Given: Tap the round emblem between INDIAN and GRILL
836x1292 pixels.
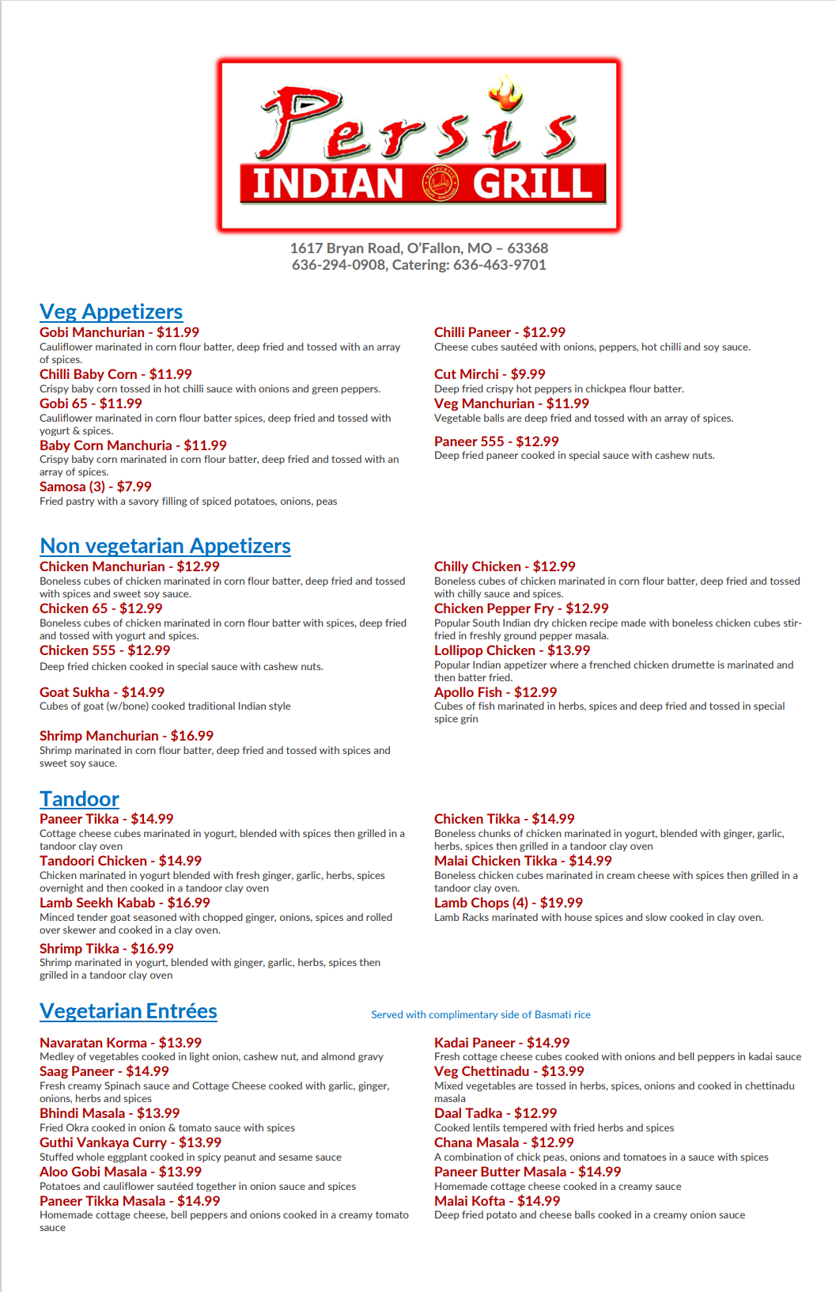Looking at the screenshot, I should tap(440, 184).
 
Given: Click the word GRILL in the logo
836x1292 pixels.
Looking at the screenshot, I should tap(532, 184).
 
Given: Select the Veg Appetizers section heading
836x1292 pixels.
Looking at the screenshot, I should tap(111, 312).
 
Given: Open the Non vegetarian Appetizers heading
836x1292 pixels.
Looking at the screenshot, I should tap(165, 546).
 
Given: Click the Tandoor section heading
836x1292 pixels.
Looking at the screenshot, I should tap(79, 799).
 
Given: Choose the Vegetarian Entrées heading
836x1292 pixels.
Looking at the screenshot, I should tap(128, 1011).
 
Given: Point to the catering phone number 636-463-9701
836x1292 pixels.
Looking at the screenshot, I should tap(500, 265).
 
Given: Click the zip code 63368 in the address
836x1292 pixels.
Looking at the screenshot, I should tap(528, 248).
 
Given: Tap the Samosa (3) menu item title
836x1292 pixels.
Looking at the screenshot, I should tap(73, 487).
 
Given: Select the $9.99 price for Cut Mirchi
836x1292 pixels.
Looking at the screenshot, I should tap(528, 374).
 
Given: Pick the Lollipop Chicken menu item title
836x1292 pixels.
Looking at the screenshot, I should tap(485, 650).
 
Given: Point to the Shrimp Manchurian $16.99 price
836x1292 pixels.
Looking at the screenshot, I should tap(192, 736).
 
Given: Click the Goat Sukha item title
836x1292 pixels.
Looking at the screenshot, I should tap(74, 692).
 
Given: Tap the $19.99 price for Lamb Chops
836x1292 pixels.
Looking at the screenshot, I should tap(562, 903).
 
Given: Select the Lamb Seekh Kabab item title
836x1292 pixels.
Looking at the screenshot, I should tap(97, 903).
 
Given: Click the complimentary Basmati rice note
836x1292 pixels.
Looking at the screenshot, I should tap(481, 1015).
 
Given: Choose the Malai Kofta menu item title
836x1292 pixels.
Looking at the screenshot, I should tap(470, 1201).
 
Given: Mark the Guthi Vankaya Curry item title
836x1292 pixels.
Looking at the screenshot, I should tap(103, 1142).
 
